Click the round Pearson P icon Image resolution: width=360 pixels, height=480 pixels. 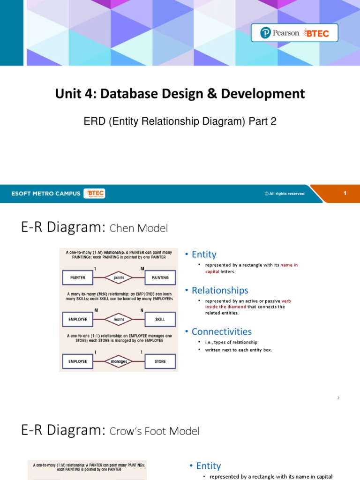point(266,33)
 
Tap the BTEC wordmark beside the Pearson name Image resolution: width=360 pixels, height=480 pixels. point(317,33)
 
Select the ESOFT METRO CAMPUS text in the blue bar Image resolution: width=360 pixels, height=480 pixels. point(46,194)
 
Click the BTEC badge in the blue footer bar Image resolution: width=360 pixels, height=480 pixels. point(94,194)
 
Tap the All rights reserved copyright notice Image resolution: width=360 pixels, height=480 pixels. point(285,194)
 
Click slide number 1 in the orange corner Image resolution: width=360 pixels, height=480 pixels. point(345,193)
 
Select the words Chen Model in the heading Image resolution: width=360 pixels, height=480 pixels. point(138,229)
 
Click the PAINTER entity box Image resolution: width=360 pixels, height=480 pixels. point(78,277)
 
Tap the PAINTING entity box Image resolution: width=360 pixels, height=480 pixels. point(160,277)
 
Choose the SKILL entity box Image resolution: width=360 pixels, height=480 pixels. point(160,319)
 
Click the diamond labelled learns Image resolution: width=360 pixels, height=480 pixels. point(119,319)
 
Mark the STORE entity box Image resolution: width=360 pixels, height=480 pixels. point(160,361)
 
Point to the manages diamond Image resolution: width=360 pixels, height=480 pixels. point(119,361)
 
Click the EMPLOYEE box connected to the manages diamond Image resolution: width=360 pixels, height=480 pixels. point(78,361)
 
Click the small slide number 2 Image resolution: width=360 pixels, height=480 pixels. point(338,398)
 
